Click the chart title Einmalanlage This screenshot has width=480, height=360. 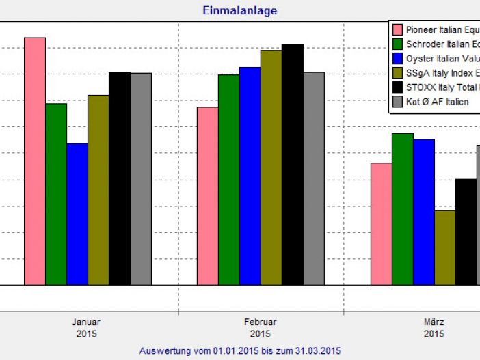(x=239, y=11)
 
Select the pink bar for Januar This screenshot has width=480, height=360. (x=35, y=161)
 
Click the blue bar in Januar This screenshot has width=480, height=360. (x=77, y=213)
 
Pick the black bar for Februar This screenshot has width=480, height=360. (x=292, y=164)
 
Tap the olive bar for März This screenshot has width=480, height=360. (x=444, y=247)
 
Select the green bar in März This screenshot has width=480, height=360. (x=402, y=208)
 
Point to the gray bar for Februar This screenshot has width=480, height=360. (x=313, y=178)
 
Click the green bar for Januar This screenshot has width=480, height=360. (x=56, y=193)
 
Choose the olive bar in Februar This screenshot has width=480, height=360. (x=271, y=167)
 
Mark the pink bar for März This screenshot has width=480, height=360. (x=381, y=223)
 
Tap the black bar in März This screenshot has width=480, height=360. (x=466, y=232)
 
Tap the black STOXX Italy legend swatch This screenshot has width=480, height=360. (x=397, y=87)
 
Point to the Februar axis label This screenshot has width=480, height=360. (x=260, y=322)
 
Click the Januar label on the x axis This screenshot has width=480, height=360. (x=86, y=322)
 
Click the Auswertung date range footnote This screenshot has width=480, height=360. (x=239, y=350)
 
